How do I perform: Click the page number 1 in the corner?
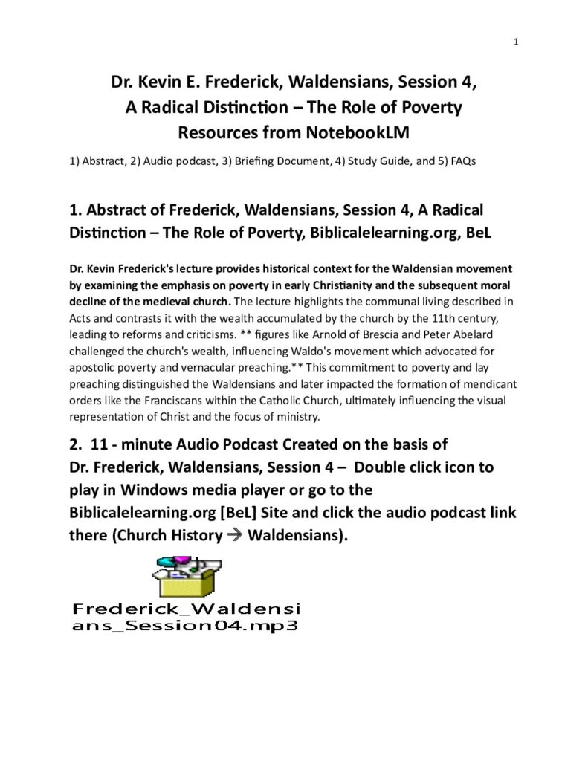(x=515, y=42)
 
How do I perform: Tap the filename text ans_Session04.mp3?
(x=185, y=626)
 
